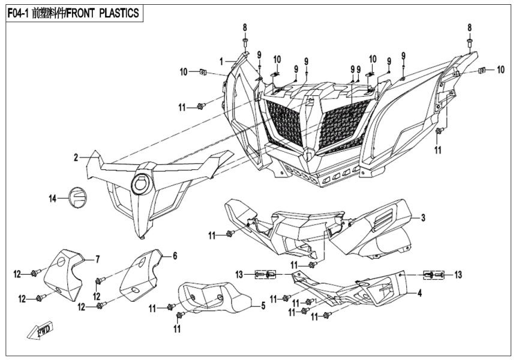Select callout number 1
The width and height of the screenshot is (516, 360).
click(x=221, y=61)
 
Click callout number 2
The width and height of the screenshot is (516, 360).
click(x=76, y=158)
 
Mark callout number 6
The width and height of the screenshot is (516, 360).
click(x=175, y=256)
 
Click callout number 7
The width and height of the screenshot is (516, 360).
click(x=97, y=259)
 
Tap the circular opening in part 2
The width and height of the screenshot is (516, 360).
click(x=142, y=179)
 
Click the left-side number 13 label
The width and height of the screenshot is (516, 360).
click(x=239, y=275)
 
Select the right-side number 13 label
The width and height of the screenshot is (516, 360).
click(x=458, y=275)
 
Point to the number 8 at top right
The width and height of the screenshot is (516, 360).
click(x=470, y=28)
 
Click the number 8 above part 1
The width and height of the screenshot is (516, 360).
click(x=245, y=28)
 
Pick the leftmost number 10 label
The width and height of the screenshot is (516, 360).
click(x=183, y=72)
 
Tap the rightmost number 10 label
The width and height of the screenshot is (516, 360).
click(x=500, y=70)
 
